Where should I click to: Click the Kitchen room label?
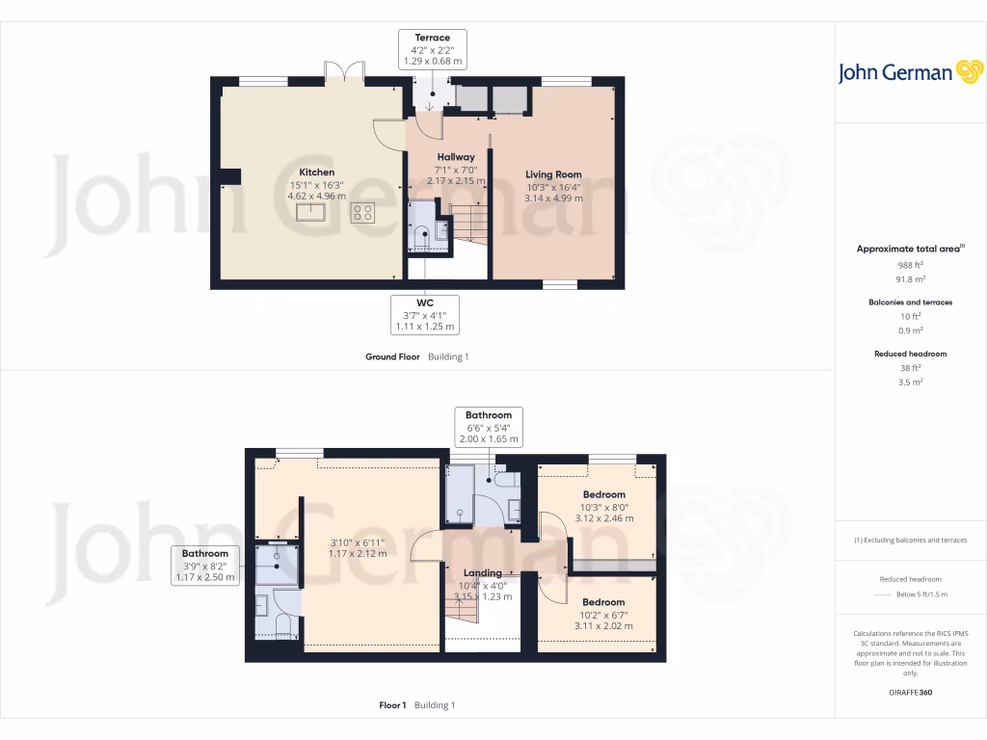click(x=317, y=172)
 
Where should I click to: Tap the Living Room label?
click(x=554, y=174)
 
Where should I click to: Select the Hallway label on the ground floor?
click(x=456, y=157)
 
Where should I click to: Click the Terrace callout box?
click(x=433, y=49)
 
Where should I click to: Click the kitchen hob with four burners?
click(x=363, y=212)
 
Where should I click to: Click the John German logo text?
click(x=895, y=73)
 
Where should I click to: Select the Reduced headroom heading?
click(x=910, y=354)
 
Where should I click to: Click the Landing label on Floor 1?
click(x=482, y=572)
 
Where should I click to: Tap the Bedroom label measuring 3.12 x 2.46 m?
click(x=604, y=494)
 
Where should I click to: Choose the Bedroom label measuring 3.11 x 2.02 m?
click(x=604, y=602)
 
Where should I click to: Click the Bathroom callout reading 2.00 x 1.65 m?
click(x=489, y=427)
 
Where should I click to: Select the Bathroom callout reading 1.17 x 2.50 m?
click(x=205, y=566)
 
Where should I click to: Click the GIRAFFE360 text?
click(x=910, y=692)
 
